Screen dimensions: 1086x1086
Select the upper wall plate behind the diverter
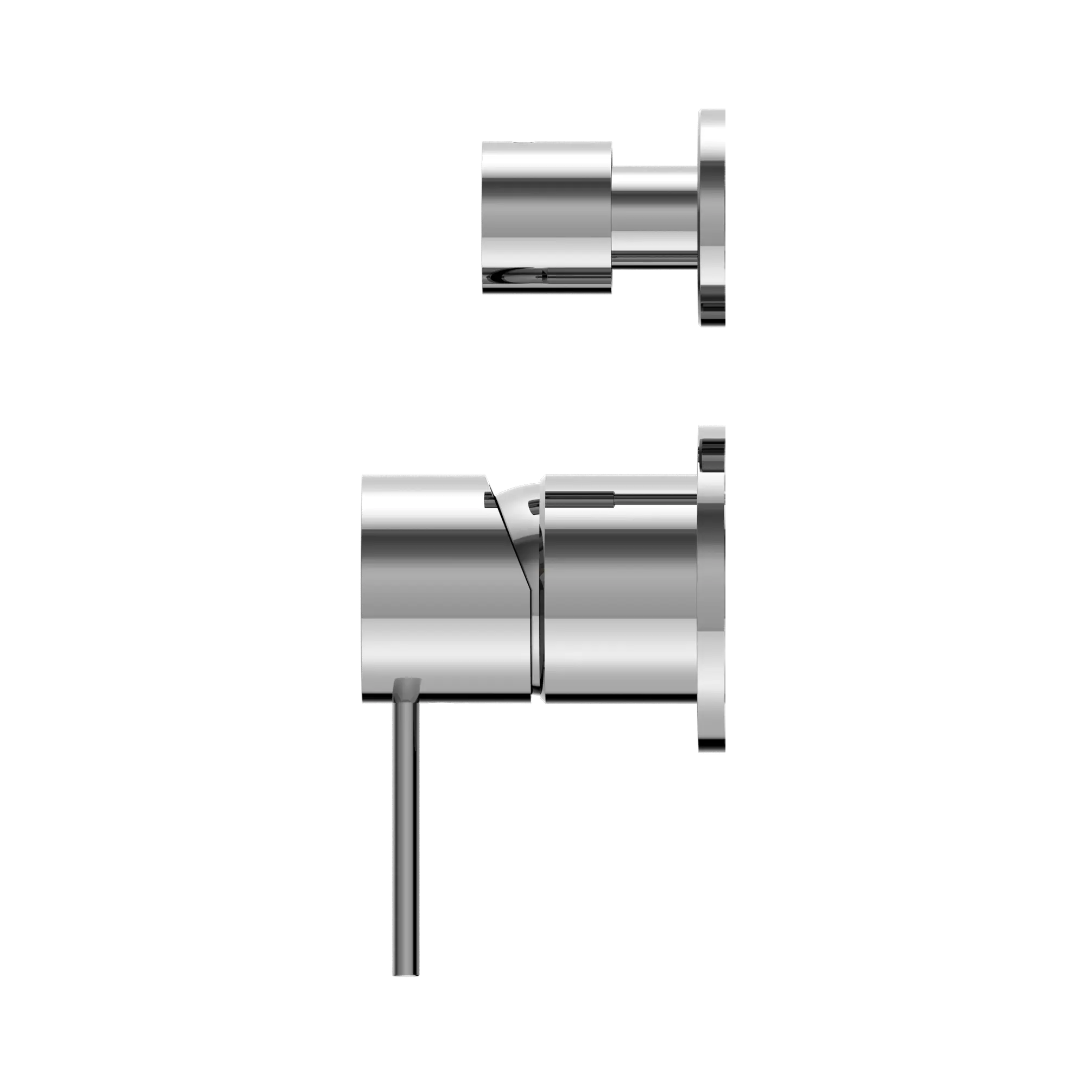pyautogui.click(x=711, y=219)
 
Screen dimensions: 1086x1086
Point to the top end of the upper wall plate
pyautogui.click(x=711, y=112)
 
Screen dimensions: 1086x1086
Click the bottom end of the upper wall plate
pyautogui.click(x=711, y=325)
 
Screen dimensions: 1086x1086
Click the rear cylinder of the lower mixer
pyautogui.click(x=618, y=590)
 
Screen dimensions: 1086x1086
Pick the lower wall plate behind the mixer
pyautogui.click(x=711, y=590)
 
